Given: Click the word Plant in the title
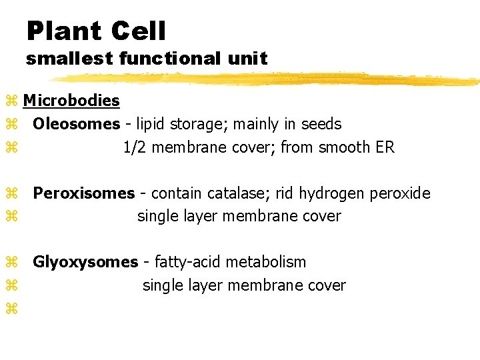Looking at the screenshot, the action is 64,31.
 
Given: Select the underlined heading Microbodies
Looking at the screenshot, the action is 71,101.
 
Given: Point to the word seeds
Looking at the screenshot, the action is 322,124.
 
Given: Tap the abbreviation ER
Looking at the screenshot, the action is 385,147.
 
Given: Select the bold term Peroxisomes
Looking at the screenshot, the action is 84,193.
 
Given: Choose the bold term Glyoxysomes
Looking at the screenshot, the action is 86,263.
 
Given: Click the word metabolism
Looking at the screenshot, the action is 265,263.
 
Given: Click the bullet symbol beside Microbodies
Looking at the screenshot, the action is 11,101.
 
